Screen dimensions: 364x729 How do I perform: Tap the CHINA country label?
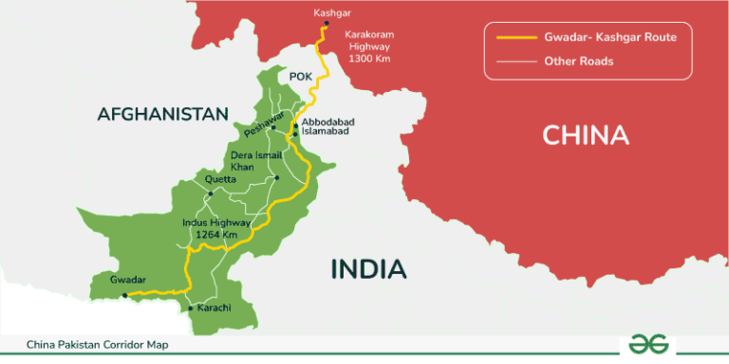click(586, 135)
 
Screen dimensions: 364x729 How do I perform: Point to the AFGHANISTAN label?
click(162, 115)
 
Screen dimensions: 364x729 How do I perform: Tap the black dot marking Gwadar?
click(124, 296)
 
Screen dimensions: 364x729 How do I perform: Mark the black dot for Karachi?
click(191, 308)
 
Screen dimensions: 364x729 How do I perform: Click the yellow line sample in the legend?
click(514, 39)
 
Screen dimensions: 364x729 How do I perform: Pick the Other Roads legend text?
click(578, 62)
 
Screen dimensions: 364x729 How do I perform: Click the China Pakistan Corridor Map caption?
click(89, 345)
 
